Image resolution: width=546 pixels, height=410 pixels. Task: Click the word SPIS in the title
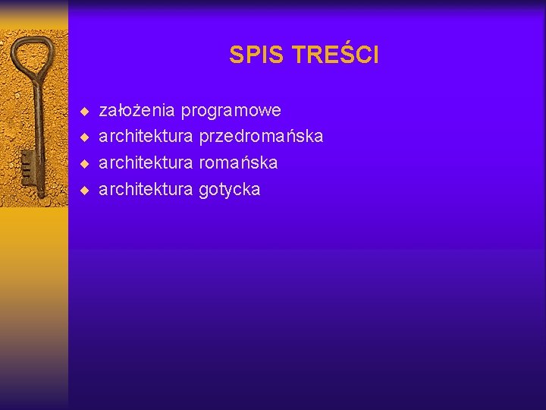coord(256,55)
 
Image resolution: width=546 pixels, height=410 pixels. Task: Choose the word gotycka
coord(229,190)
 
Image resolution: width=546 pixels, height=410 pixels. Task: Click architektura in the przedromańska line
coord(146,137)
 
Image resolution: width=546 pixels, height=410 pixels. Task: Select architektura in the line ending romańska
coord(146,162)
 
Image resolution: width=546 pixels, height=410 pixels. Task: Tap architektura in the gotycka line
coord(146,190)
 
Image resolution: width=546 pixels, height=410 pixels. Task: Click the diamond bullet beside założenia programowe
coord(85,112)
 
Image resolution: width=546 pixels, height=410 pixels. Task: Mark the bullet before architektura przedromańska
coord(85,137)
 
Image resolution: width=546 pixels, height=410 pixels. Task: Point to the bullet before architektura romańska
coord(85,163)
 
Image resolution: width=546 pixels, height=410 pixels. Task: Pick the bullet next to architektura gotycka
coord(85,190)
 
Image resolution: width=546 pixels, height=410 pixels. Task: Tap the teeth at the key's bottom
coord(25,163)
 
